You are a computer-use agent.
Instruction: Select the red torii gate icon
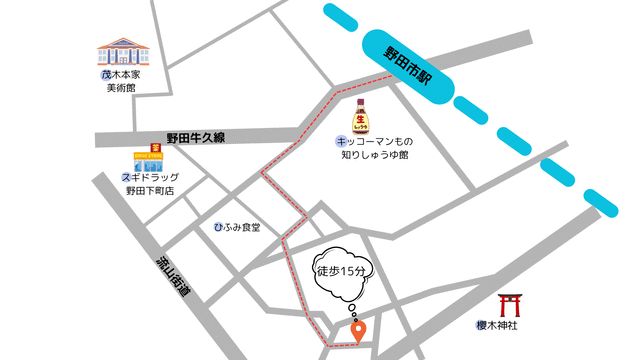click(x=511, y=306)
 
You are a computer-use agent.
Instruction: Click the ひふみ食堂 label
click(x=238, y=228)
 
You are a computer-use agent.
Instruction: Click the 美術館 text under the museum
click(x=120, y=88)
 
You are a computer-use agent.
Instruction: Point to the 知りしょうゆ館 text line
click(x=374, y=156)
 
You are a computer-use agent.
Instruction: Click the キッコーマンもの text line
click(x=374, y=142)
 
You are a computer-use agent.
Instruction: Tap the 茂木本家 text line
click(x=120, y=75)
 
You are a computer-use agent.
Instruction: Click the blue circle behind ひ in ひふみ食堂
click(x=220, y=228)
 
